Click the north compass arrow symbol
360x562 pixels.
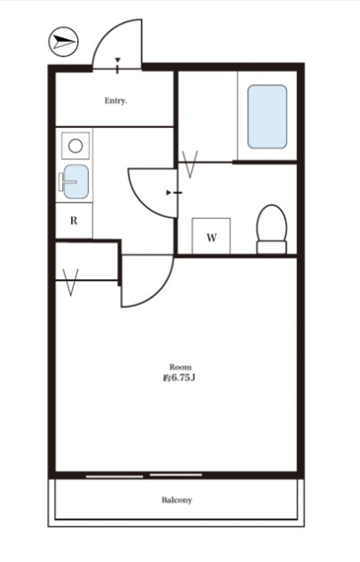pyautogui.click(x=63, y=42)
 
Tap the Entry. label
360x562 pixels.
pyautogui.click(x=116, y=100)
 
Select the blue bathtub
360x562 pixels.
pyautogui.click(x=268, y=116)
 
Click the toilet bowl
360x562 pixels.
pyautogui.click(x=271, y=223)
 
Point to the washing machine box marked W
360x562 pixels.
pyautogui.click(x=212, y=236)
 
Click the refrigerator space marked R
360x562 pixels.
pyautogui.click(x=74, y=220)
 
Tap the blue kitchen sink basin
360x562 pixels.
pyautogui.click(x=76, y=181)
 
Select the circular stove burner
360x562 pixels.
pyautogui.click(x=76, y=146)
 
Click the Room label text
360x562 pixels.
pyautogui.click(x=180, y=367)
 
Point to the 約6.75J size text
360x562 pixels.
pyautogui.click(x=179, y=378)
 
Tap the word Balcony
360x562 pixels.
pyautogui.click(x=177, y=500)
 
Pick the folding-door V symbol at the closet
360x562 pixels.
pyautogui.click(x=70, y=282)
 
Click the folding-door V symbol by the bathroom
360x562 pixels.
pyautogui.click(x=190, y=165)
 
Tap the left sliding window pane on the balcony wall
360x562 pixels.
pyautogui.click(x=115, y=477)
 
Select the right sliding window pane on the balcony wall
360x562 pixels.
pyautogui.click(x=175, y=475)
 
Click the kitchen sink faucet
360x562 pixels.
pyautogui.click(x=67, y=181)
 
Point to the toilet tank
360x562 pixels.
pyautogui.click(x=271, y=247)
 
